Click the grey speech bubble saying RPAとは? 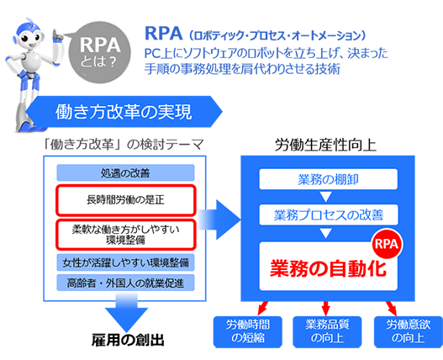tap(99, 53)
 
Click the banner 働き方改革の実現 tap(124, 111)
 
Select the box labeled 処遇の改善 tap(125, 172)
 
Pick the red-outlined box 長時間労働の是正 tap(125, 200)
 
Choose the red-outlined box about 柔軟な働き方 tap(125, 235)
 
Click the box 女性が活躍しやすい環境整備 tap(125, 262)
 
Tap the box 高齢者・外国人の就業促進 tap(125, 283)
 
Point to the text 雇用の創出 tap(128, 340)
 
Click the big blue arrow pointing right tap(219, 220)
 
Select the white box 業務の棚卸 tap(329, 179)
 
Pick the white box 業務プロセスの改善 tap(329, 215)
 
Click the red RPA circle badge tap(387, 244)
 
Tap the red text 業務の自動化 tap(329, 267)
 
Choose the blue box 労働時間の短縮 tap(248, 331)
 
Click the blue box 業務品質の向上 tap(327, 331)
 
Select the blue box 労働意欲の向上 tap(409, 331)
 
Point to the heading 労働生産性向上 tap(325, 145)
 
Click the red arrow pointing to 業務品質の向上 tap(326, 309)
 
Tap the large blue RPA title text tap(163, 33)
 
